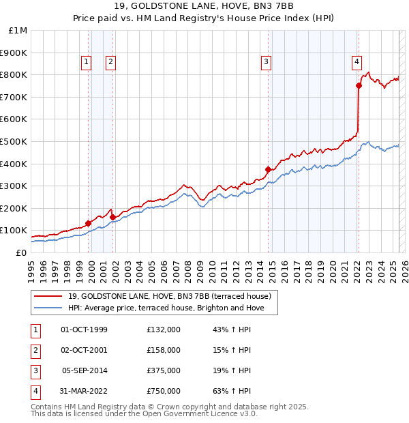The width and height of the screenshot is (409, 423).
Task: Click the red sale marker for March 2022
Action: (359, 85)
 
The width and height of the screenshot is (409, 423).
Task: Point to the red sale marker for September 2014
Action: (268, 169)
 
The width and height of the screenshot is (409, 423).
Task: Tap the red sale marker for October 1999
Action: (88, 223)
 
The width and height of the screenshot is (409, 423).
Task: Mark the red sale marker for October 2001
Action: (112, 217)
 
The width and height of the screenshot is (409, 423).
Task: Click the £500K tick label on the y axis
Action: (14, 141)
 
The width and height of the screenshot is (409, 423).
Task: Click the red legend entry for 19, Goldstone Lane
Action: (170, 296)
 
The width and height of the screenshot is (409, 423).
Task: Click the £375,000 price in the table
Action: (163, 370)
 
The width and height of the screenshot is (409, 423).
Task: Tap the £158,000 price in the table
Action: (163, 350)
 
